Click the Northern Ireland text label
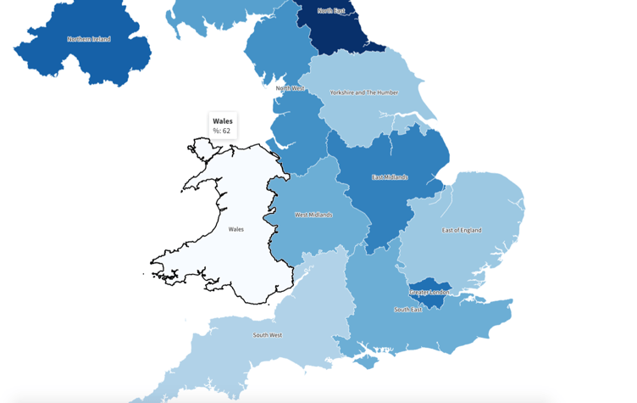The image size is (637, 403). pos(89,39)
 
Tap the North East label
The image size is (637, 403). pos(331,11)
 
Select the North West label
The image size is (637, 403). pos(290,88)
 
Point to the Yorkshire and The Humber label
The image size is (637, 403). pos(364,92)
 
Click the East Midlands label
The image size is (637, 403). pos(390,177)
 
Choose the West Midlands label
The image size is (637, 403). pos(313,215)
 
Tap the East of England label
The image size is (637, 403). pos(462,230)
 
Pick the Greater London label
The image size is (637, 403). pos(430,293)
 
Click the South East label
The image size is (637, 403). pos(408,310)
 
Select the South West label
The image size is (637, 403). pos(268,335)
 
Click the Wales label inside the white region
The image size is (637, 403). pos(236,229)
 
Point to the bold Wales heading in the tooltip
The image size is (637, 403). pos(223,121)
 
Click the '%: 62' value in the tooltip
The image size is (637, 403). pos(222,132)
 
